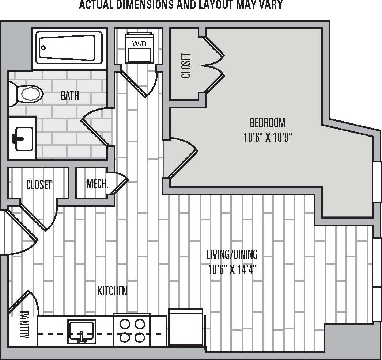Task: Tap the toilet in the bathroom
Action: pyautogui.click(x=29, y=93)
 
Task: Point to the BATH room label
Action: pyautogui.click(x=69, y=96)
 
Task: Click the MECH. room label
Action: pyautogui.click(x=97, y=183)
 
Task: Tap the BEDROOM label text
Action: pyautogui.click(x=267, y=122)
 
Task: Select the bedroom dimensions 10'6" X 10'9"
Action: pyautogui.click(x=267, y=138)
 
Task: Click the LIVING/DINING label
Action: pyautogui.click(x=232, y=254)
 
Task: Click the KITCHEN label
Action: pyautogui.click(x=113, y=291)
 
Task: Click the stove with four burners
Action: pyautogui.click(x=132, y=331)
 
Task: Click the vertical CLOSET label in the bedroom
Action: pyautogui.click(x=186, y=66)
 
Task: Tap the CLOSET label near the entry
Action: pyautogui.click(x=39, y=185)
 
